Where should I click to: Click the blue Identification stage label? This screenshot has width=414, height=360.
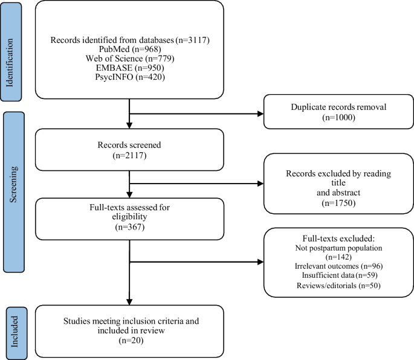11,52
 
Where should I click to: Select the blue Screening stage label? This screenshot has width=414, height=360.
14,192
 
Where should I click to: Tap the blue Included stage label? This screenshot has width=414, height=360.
16,333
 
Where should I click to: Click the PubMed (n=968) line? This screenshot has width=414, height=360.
130,49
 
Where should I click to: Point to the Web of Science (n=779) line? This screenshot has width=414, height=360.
130,59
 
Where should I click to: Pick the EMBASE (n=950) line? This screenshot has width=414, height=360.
130,68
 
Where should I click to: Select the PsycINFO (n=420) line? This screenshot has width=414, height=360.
130,77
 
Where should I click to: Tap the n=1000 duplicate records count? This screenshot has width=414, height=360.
338,117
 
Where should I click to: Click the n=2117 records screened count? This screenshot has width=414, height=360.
129,155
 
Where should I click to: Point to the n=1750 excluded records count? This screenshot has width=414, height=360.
338,203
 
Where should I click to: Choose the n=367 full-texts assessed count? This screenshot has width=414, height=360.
130,227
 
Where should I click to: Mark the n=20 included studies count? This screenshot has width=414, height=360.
131,341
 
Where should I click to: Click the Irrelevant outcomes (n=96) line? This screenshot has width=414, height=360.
338,266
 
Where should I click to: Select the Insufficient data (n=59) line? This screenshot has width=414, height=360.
340,275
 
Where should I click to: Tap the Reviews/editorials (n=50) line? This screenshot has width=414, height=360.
338,286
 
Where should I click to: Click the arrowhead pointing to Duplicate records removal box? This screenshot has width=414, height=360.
260,114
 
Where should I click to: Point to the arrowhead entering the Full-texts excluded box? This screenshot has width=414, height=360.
260,262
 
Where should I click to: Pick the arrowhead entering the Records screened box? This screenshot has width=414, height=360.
129,126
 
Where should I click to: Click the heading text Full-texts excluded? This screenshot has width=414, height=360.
338,239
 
